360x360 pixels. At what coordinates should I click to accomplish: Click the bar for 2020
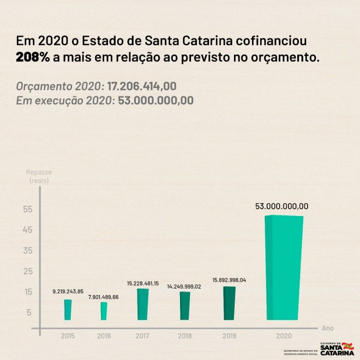tap(284, 267)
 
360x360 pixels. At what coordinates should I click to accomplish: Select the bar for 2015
tap(68, 309)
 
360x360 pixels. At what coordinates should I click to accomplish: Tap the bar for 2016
tap(104, 311)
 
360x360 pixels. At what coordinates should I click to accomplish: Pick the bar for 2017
tap(142, 304)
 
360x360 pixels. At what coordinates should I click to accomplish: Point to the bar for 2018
tap(185, 305)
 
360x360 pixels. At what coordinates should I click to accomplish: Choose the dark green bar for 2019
tap(229, 303)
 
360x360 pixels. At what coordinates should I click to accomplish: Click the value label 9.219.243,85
tap(68, 291)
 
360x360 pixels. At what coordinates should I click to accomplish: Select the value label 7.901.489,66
tap(103, 297)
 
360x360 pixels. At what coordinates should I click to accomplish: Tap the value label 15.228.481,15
tap(143, 283)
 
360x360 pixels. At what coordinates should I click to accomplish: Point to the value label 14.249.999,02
tap(185, 286)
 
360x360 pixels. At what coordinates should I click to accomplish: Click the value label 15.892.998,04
tap(229, 280)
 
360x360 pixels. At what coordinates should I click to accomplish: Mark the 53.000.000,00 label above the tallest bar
tap(282, 206)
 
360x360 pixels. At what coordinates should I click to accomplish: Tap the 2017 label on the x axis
tap(142, 336)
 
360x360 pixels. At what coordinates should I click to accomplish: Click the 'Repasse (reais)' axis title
tap(39, 177)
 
